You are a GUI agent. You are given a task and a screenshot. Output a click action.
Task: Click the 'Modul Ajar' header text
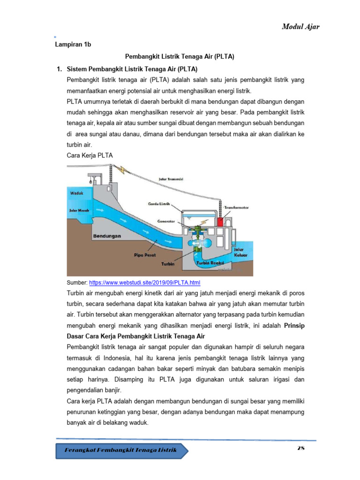click(300, 26)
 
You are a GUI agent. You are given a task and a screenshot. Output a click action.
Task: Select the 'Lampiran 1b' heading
click(73, 45)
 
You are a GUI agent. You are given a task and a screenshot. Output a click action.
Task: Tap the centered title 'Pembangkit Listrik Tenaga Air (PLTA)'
click(180, 57)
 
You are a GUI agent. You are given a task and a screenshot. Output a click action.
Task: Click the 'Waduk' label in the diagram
click(77, 193)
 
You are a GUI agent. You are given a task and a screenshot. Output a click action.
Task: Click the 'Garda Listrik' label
click(157, 204)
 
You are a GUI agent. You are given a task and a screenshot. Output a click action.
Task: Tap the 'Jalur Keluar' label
click(240, 253)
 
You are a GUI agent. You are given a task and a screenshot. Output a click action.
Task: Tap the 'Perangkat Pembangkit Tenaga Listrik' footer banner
click(123, 450)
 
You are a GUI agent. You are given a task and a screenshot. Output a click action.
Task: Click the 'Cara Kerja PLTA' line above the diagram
click(90, 155)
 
